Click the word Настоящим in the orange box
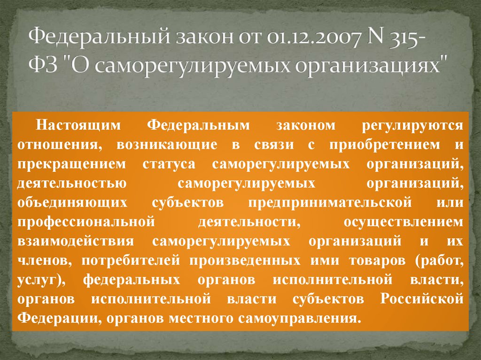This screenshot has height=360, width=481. click(79, 125)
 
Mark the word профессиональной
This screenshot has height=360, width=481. click(86, 222)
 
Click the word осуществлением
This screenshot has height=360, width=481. click(404, 222)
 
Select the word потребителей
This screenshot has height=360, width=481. click(131, 260)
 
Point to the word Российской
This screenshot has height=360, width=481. click(422, 299)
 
